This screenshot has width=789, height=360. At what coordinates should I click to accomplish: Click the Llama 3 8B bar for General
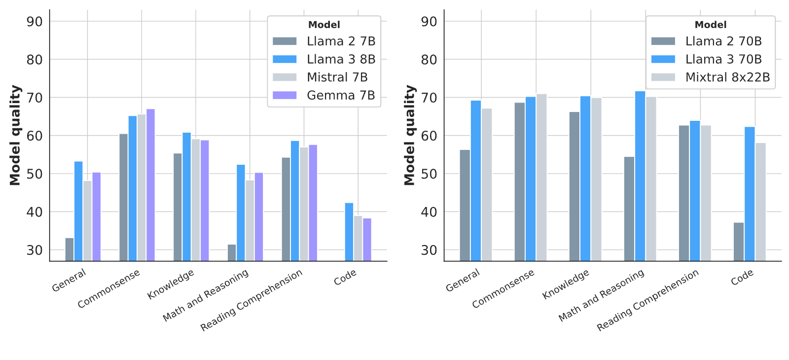pos(78,211)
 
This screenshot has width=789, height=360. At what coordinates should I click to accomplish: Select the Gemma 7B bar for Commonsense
pos(151,185)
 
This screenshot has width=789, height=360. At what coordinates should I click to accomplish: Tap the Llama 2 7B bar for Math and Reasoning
pos(232,252)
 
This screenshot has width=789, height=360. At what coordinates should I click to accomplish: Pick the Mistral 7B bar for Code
pos(358,238)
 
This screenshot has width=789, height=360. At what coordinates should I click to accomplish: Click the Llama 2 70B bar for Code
pos(739,242)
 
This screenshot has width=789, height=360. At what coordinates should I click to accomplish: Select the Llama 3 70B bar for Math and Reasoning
pos(640,176)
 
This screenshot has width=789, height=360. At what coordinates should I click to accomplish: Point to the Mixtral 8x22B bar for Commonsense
pos(541,178)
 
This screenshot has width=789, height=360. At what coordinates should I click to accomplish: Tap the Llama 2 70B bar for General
pos(465,205)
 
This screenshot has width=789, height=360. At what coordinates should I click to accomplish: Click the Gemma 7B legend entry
pos(323,95)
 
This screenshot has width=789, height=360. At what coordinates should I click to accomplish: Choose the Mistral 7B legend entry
pos(320,77)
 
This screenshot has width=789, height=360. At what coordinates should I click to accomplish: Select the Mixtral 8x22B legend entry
pos(711,77)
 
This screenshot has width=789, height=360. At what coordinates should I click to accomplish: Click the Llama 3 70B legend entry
pos(706,59)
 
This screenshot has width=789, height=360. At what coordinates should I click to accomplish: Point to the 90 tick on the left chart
pos(35,22)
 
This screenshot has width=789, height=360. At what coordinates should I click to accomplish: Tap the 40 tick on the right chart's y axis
pos(429,212)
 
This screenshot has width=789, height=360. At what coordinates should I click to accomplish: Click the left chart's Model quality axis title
pos(15,135)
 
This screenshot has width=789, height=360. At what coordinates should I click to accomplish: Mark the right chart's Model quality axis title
pos(410,135)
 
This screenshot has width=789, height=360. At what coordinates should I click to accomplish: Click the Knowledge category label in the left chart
pos(171,284)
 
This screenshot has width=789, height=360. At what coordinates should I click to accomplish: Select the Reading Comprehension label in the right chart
pos(647,300)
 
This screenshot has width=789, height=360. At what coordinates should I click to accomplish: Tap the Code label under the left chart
pos(345,277)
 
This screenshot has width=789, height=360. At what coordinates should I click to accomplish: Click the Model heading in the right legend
pos(711,25)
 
